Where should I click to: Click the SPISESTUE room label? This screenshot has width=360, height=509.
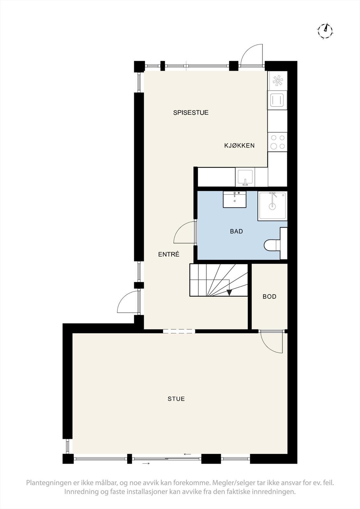191,113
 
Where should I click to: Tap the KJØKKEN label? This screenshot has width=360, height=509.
239,146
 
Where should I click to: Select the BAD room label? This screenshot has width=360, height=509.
236,231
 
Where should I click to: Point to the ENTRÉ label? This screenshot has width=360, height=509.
169,254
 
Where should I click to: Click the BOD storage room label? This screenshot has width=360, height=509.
269,296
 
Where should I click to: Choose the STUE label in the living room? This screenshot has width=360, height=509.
176,399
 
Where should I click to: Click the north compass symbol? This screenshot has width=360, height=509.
325,31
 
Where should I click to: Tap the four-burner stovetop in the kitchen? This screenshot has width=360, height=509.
277,142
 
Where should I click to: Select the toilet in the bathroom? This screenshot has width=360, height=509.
272,245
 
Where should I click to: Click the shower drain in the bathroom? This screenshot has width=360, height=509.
272,206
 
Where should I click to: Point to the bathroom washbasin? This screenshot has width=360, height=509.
235,199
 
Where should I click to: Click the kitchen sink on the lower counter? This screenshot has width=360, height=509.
245,177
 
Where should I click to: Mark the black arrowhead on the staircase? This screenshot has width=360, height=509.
229,293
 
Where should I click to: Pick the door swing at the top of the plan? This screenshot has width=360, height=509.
251,55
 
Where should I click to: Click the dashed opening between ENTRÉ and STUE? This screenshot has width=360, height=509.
179,331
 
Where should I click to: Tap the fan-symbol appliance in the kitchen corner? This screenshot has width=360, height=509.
278,81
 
